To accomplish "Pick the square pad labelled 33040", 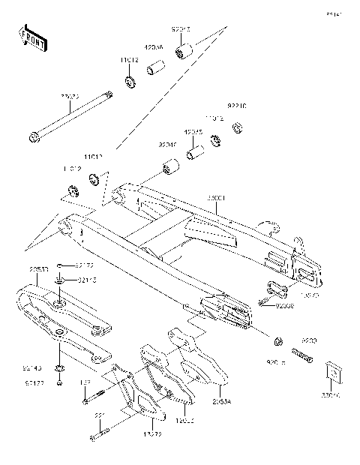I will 331,373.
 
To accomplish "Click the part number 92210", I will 238,106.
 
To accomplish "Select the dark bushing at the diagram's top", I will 181,52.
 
